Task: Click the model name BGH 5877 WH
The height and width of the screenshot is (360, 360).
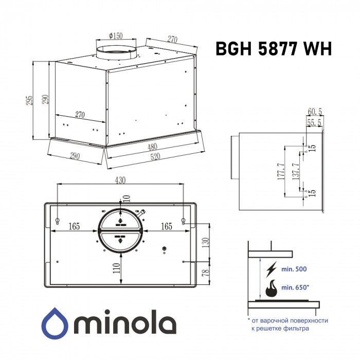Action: pos(274,49)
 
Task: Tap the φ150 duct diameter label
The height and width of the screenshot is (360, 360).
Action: pos(116,35)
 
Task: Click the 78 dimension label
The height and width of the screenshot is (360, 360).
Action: pos(206,273)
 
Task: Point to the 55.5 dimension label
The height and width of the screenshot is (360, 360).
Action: pos(314,122)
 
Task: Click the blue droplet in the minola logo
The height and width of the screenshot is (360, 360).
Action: pos(55,323)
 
